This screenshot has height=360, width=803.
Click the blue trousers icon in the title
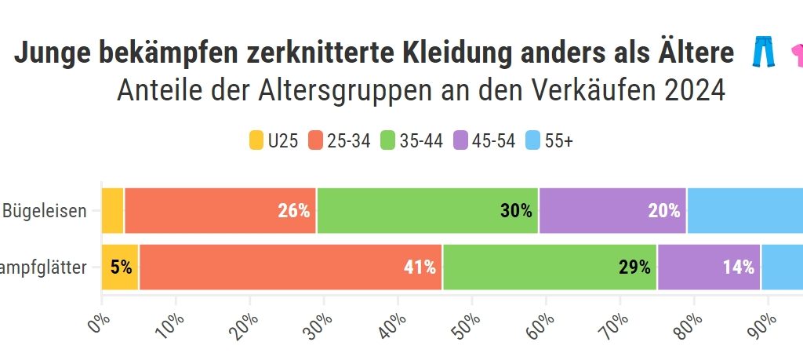click(x=763, y=53)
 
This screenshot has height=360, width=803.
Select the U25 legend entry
click(x=274, y=141)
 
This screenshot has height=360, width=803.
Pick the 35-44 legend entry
click(x=411, y=141)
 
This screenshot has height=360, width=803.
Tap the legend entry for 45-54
click(x=484, y=141)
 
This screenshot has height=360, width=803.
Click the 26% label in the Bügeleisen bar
click(x=294, y=210)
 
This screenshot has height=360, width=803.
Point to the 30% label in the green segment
click(x=516, y=210)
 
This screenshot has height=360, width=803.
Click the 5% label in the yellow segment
click(x=121, y=267)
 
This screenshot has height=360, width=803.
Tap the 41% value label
click(x=420, y=267)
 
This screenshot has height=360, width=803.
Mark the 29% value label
click(x=634, y=267)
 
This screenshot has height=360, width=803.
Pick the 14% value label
click(x=739, y=267)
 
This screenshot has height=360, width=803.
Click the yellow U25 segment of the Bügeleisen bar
click(x=113, y=210)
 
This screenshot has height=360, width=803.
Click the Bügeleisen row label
click(x=45, y=210)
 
